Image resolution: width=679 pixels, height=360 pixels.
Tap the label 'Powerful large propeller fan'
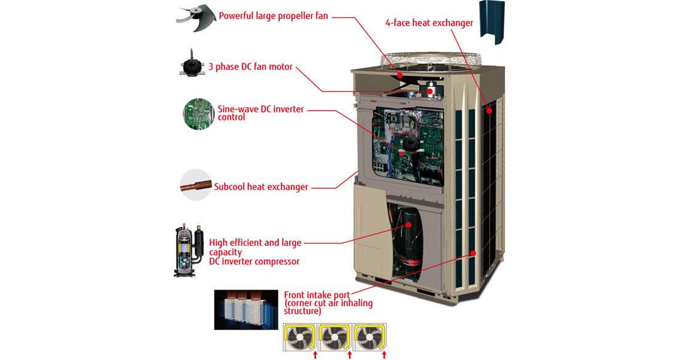click(273, 15)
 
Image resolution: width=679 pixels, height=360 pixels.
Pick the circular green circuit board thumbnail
click(199, 113)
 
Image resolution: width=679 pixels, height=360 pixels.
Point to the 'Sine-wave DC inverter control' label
click(260, 113)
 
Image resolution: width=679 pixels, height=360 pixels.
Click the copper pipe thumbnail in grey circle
click(195, 184)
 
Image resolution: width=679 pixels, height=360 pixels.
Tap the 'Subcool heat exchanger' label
click(261, 186)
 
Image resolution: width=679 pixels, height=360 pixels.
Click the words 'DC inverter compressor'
click(254, 262)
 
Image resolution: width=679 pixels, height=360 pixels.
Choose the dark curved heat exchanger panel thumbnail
click(491, 22)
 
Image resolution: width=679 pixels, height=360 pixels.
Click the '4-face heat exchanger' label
click(429, 23)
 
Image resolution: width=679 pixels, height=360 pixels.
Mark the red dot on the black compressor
click(407, 226)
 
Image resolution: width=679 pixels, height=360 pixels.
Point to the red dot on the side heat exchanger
click(490, 111)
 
